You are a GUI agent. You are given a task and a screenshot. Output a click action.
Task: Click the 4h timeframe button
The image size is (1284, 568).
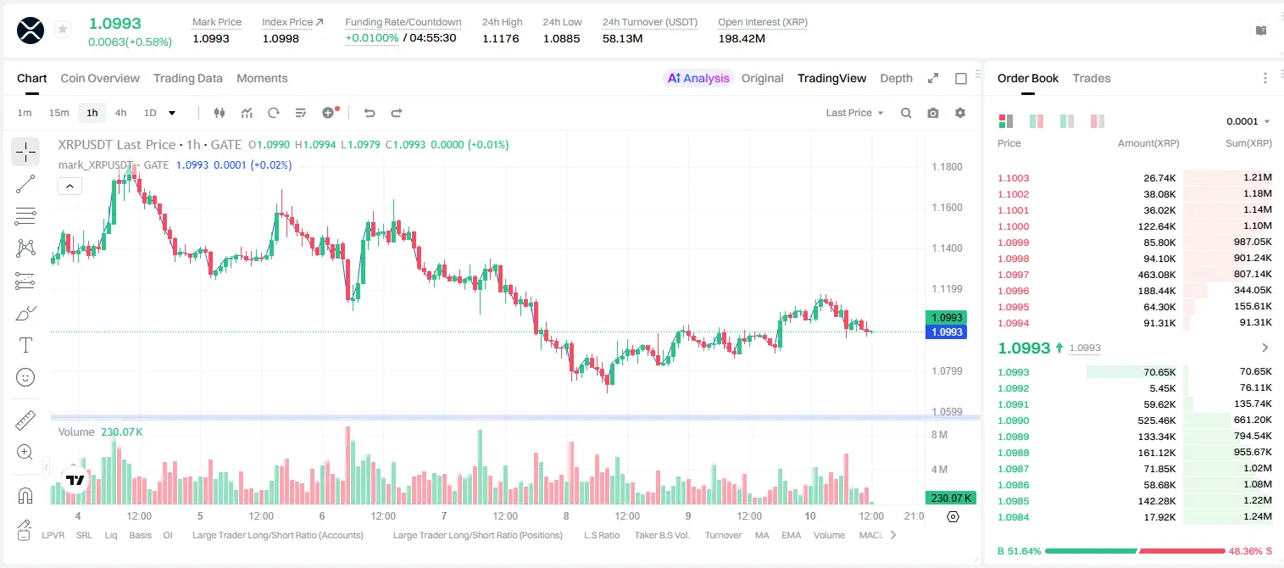tap(120, 113)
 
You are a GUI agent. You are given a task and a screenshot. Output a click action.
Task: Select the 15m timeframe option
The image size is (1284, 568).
tap(58, 113)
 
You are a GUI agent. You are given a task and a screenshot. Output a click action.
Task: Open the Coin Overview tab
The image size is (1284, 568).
tap(100, 78)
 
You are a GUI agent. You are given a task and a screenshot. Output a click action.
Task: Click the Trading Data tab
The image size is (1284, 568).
tap(187, 78)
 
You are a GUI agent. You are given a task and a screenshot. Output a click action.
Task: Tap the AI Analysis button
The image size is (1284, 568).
tap(698, 78)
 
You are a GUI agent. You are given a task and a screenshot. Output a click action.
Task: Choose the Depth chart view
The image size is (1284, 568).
tap(896, 78)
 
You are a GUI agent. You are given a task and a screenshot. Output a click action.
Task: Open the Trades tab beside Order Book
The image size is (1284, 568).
tap(1092, 78)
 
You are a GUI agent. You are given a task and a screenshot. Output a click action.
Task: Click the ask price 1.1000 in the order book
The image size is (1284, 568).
tap(1014, 226)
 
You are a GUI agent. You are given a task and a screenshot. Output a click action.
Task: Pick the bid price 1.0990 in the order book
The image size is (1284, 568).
tap(1014, 420)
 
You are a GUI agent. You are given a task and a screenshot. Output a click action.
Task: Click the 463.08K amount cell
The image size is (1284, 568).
tap(1156, 275)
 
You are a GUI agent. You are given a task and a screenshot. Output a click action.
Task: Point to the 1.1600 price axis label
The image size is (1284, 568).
tap(947, 208)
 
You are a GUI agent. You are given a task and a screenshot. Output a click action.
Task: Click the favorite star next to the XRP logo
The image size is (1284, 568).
tap(63, 29)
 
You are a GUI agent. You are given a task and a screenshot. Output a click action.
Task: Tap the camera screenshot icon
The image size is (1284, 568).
tap(933, 113)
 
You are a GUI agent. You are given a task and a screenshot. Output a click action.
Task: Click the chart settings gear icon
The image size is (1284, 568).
tap(960, 113)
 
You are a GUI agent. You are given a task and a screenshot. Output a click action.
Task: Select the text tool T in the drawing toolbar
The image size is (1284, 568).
tap(25, 345)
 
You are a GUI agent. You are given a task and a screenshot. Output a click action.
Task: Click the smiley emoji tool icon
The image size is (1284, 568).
tap(25, 377)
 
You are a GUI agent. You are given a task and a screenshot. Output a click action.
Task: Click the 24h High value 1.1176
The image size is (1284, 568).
tap(500, 38)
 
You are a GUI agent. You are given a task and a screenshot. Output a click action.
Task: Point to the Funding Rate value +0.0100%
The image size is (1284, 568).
tap(371, 38)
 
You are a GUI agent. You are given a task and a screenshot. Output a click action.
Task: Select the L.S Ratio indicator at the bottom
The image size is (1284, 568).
tap(601, 535)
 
